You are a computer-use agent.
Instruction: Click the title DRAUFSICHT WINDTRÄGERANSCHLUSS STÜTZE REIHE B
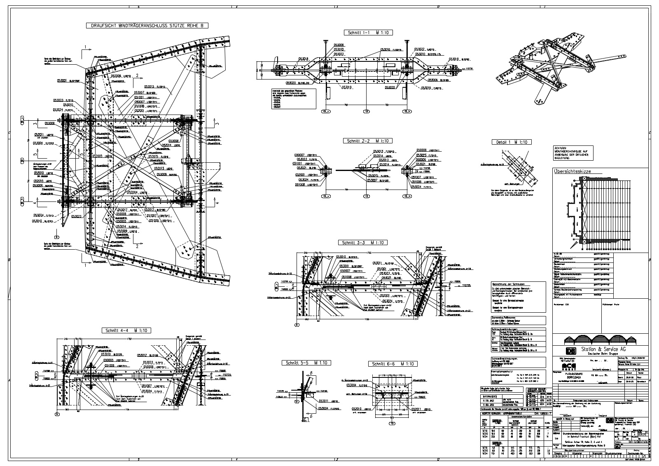click(147, 26)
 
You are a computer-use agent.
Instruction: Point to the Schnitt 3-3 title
click(362, 243)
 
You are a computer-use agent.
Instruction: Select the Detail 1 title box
click(512, 142)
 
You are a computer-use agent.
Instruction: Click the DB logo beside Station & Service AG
click(571, 351)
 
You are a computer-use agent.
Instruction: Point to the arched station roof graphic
click(599, 339)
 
